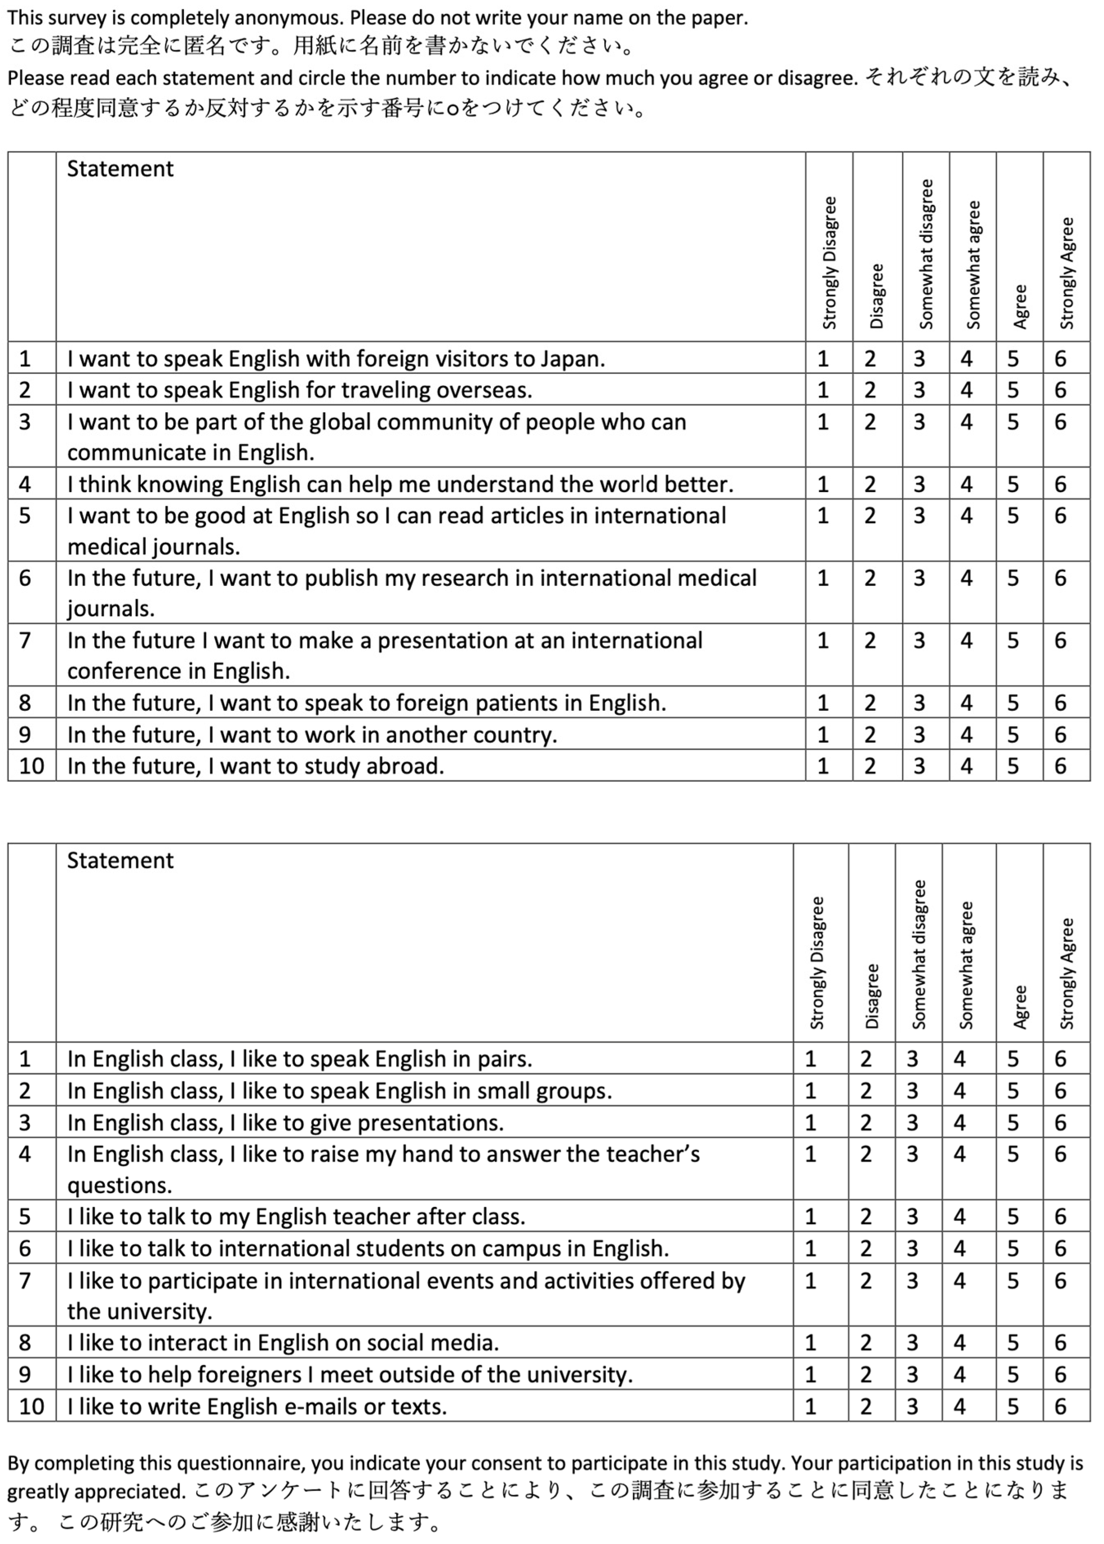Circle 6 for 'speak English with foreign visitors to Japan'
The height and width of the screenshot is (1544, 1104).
pos(1060,358)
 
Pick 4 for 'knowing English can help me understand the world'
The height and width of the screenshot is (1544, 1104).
pos(966,484)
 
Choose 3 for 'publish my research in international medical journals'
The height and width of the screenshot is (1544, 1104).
pos(919,578)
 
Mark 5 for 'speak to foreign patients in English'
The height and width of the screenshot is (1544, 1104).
pos(1013,702)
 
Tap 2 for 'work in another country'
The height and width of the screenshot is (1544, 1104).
pos(870,734)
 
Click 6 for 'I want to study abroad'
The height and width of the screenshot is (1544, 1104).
pos(1060,765)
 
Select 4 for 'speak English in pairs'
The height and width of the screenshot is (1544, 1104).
pos(959,1058)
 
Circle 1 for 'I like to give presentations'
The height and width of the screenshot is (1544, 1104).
pos(810,1123)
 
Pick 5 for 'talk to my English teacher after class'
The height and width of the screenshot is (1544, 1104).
pos(1013,1216)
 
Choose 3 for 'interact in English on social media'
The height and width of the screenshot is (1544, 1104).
pos(912,1342)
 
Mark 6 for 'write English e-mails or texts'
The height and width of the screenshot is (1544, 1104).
pos(1060,1406)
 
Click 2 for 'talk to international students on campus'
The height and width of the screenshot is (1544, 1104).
pos(865,1248)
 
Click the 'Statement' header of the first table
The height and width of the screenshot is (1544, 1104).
pos(120,169)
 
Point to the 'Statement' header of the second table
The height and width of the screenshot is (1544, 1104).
pos(120,860)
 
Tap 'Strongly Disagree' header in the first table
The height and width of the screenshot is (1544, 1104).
pos(829,262)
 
